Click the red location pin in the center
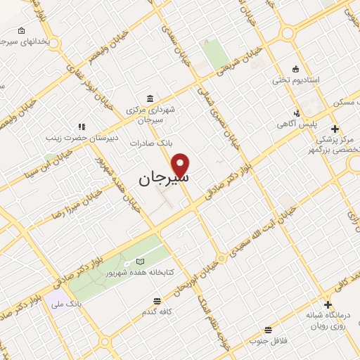[181, 163]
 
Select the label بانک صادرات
[150, 143]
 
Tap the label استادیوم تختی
[296, 80]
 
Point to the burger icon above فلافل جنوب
[267, 330]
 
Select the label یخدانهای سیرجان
[25, 42]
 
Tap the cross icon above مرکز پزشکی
[335, 129]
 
